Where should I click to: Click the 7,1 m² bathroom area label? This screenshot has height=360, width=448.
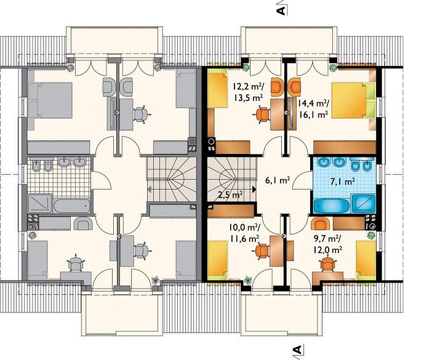343,182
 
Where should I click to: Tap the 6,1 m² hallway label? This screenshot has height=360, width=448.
278,180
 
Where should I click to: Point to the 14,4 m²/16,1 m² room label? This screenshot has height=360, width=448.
313,109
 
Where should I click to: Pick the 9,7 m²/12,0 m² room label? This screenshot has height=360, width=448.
327,245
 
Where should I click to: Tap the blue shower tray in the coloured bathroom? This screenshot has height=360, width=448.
364,204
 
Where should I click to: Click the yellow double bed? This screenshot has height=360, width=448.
353,100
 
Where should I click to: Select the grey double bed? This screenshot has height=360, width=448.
50,100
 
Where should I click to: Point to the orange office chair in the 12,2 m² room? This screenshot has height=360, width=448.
263,114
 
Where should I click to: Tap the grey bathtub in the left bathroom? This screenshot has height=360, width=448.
72,206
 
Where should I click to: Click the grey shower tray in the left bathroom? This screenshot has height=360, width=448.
40,204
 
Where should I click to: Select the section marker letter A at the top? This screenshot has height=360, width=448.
281,10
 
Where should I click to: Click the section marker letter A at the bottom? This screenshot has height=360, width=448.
297,350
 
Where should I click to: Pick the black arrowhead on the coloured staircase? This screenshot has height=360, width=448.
254,189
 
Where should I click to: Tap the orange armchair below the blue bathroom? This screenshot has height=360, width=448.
321,224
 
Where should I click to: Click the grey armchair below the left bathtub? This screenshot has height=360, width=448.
83,224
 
